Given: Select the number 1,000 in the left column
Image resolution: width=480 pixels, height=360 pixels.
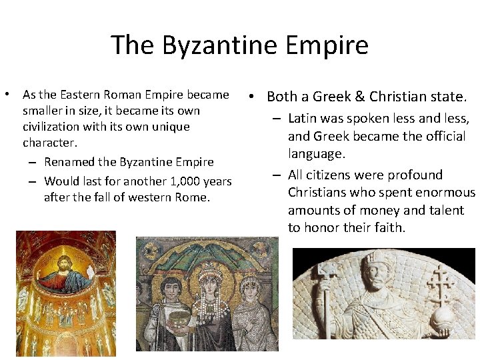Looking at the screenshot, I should click(x=185, y=181).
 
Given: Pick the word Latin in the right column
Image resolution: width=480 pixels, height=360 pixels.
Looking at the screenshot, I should click(x=303, y=119).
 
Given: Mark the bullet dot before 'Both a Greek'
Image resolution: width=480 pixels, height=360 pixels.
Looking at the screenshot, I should click(x=255, y=97).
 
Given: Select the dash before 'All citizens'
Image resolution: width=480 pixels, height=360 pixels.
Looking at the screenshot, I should click(x=276, y=175).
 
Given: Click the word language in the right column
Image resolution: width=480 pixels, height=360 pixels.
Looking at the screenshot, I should click(x=317, y=154).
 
